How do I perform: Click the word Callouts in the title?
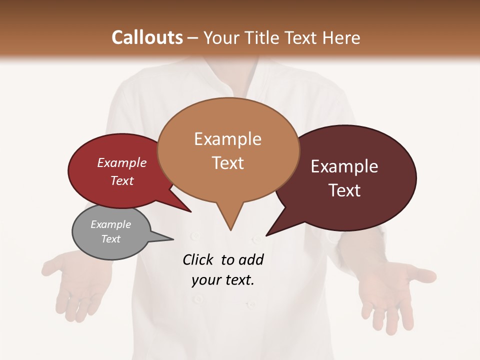click(x=147, y=37)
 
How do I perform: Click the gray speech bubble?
click(x=111, y=232)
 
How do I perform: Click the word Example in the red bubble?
click(x=122, y=162)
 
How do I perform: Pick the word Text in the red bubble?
click(x=122, y=180)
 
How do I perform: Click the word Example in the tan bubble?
click(x=227, y=139)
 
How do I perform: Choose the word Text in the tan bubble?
click(x=228, y=163)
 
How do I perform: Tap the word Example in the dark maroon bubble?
click(x=344, y=166)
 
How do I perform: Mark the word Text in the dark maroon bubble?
click(x=344, y=190)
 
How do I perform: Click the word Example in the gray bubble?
click(x=111, y=224)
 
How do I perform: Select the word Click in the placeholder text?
click(x=198, y=259)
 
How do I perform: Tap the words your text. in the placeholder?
click(x=223, y=280)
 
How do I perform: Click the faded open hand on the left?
click(x=75, y=285)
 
